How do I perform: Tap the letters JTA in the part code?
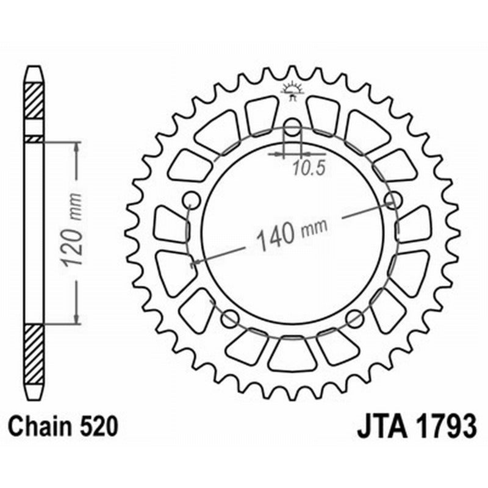click(378, 426)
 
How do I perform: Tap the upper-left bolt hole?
click(192, 199)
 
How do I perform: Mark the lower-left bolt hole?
click(230, 317)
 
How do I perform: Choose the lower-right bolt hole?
click(355, 317)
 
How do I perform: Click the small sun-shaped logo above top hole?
click(292, 92)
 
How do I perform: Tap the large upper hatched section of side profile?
click(34, 101)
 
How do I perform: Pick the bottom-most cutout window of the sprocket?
click(293, 355)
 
